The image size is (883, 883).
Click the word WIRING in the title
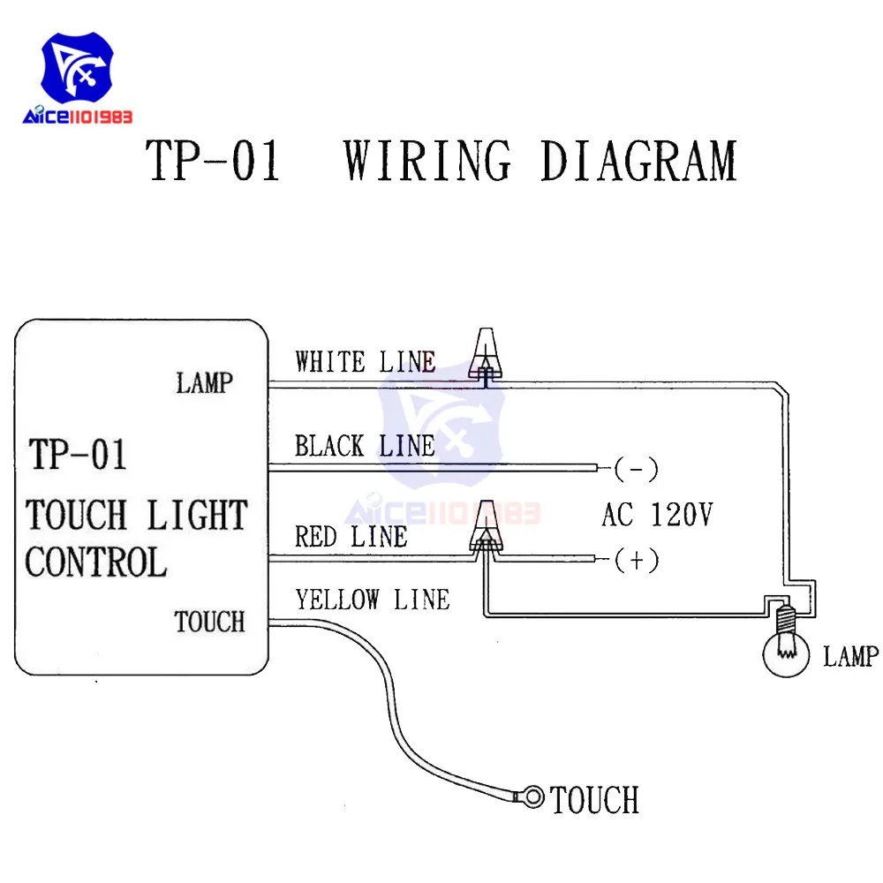tap(427, 161)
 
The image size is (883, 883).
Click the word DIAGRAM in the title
tap(638, 161)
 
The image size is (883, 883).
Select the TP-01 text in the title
tap(214, 161)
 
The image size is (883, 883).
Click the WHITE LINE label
tap(365, 362)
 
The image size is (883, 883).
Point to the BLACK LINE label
tap(365, 446)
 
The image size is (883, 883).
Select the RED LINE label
tap(351, 537)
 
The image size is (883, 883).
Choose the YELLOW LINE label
tap(372, 600)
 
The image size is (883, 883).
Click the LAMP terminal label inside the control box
tap(205, 383)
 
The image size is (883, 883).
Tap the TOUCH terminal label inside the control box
tap(209, 622)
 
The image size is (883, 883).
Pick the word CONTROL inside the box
tap(95, 562)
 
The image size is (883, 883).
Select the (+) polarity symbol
tap(636, 560)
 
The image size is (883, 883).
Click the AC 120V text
tap(656, 514)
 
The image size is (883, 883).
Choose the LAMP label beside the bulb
tap(851, 656)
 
